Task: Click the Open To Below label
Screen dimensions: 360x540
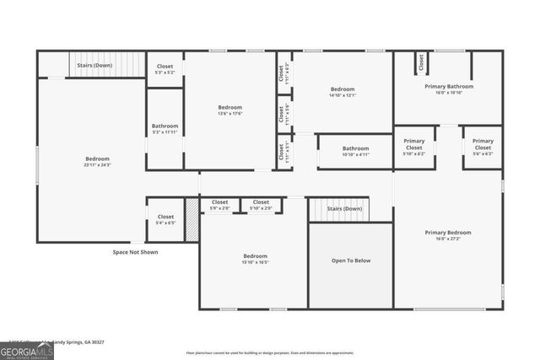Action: (x=350, y=261)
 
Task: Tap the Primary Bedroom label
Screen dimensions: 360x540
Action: (x=447, y=232)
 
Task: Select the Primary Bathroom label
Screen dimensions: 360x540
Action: (x=448, y=86)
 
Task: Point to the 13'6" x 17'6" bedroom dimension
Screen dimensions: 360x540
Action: (x=229, y=115)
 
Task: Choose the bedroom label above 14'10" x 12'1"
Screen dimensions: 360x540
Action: (x=343, y=89)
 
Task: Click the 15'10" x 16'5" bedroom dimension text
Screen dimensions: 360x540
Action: (x=255, y=263)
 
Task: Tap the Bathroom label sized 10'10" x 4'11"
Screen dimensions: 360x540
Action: (x=355, y=148)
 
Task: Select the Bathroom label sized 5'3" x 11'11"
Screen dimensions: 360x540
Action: (x=165, y=126)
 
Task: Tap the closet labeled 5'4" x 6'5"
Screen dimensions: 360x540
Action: (x=165, y=217)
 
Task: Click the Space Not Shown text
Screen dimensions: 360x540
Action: (x=135, y=251)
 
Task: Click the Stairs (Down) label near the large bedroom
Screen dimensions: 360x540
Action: (x=94, y=64)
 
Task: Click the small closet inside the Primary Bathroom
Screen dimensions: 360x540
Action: (x=419, y=62)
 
